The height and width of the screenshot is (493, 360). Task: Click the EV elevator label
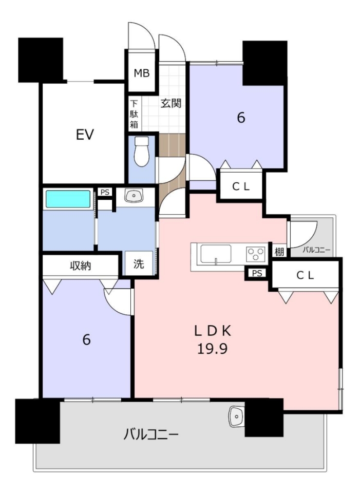85,135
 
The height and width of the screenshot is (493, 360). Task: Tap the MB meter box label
142,73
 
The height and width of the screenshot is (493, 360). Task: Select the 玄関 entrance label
171,103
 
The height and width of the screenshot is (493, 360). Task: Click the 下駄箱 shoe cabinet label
134,114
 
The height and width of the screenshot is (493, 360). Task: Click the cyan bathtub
68,199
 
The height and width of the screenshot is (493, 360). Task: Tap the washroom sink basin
134,196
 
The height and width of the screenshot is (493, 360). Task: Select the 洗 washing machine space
139,263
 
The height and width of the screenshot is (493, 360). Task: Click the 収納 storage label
80,266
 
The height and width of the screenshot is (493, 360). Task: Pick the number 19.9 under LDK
212,348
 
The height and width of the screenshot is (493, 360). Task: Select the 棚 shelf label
279,252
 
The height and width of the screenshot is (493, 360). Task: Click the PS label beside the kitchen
257,273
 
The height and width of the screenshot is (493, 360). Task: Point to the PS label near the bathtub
105,192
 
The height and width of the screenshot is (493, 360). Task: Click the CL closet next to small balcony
305,275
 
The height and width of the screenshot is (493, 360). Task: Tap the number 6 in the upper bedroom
241,118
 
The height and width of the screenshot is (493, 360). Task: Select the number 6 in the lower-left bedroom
86,339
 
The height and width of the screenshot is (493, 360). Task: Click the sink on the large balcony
237,416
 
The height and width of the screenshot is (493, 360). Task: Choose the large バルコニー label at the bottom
151,435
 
